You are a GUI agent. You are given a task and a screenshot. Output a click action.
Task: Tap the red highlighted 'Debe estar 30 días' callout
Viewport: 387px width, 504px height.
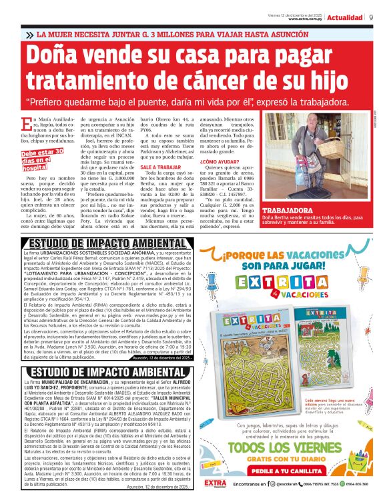click(43, 161)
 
